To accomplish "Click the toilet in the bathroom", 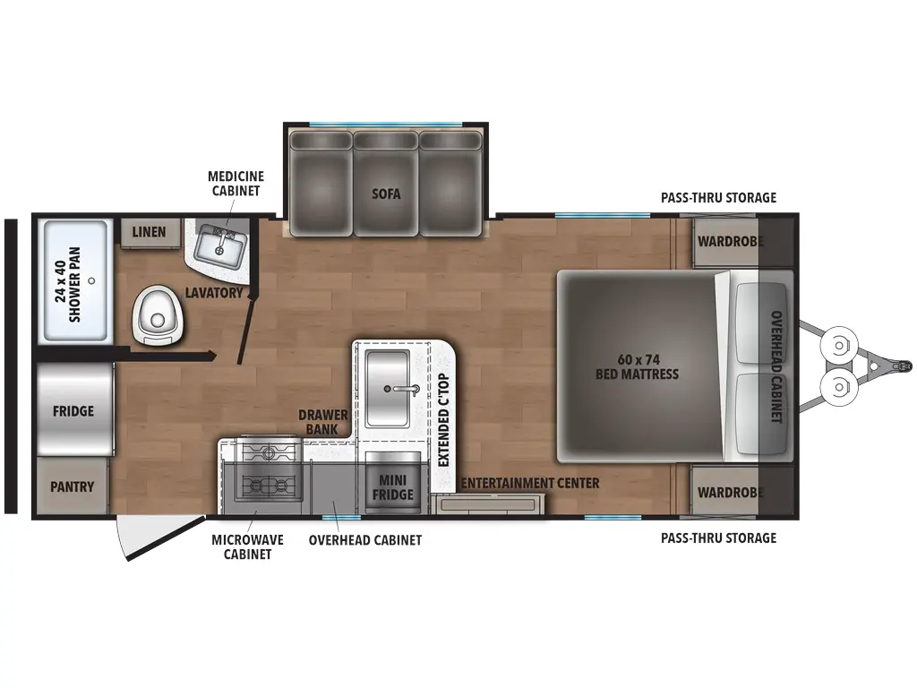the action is [158, 316].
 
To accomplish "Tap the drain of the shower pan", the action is [91, 280].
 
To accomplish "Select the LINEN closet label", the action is [149, 232].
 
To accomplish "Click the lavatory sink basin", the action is [219, 246].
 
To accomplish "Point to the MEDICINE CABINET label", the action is [236, 183].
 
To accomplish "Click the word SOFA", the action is [386, 193].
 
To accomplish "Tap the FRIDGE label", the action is [73, 411].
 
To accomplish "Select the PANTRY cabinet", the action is [73, 486].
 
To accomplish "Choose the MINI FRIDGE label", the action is [392, 487].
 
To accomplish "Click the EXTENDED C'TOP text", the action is [443, 419].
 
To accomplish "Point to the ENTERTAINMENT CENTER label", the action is [530, 483].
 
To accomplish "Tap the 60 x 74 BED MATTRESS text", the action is [637, 366].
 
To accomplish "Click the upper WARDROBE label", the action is [731, 241].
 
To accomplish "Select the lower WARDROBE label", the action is [731, 493].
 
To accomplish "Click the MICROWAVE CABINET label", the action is [247, 547].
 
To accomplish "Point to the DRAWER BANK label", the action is [322, 422].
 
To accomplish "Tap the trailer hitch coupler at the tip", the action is [903, 366].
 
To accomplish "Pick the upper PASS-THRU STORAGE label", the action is [718, 198].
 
